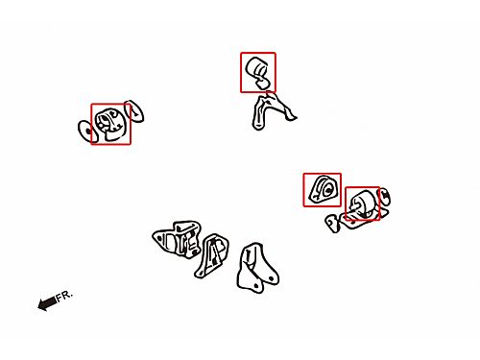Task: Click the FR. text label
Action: point(64,296)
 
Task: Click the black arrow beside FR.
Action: point(47,303)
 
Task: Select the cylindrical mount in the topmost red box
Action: point(259,73)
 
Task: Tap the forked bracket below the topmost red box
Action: point(272,111)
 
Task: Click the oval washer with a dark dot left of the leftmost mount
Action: point(85,132)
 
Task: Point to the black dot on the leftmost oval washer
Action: point(88,131)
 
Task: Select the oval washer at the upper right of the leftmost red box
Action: point(134,111)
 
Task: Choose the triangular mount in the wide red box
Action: point(323,189)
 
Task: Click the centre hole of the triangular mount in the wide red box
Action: point(327,190)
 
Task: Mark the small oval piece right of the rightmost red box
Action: point(384,196)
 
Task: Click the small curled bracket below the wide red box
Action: point(333,223)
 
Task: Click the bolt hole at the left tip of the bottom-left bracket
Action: point(157,238)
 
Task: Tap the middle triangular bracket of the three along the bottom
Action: point(211,256)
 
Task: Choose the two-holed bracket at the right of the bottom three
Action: point(257,268)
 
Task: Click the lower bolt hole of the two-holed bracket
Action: point(256,285)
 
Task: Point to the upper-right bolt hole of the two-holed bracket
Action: point(272,278)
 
